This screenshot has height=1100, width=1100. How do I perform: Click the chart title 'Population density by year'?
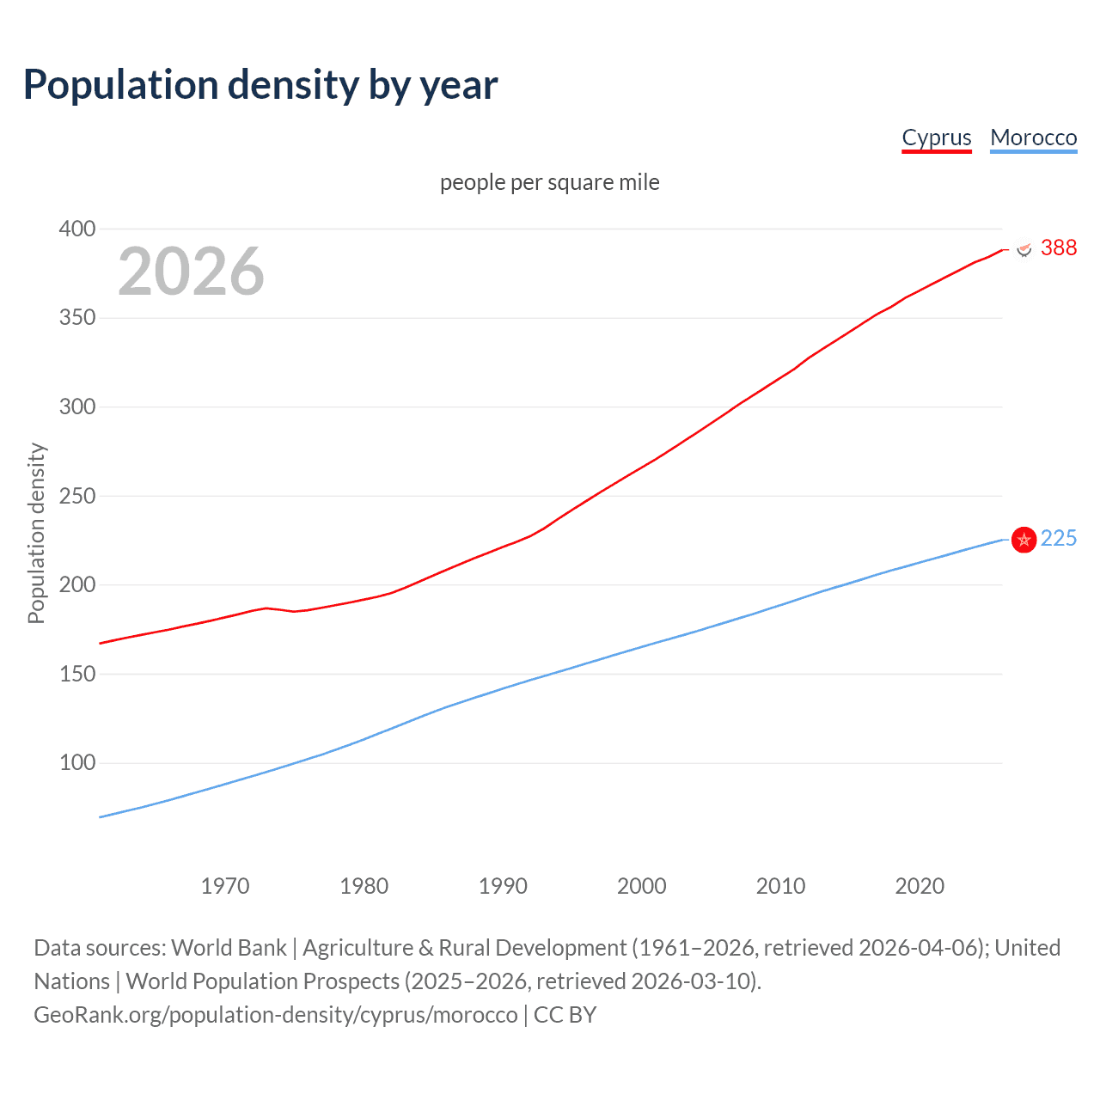[260, 84]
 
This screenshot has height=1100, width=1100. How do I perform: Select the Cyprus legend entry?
[937, 137]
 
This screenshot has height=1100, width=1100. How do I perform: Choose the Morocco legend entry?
[1033, 137]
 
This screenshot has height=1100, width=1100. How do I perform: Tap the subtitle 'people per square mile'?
[549, 182]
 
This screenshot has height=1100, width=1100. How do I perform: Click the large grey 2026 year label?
[191, 272]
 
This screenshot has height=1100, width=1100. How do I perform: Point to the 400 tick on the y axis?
[77, 229]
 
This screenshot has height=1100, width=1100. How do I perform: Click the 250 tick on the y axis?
[77, 496]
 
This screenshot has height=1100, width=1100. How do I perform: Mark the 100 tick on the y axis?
[77, 762]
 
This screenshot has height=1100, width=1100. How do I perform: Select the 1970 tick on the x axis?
[225, 886]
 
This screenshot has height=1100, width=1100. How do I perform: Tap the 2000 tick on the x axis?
[642, 886]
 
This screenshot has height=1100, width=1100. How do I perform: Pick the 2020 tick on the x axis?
[920, 886]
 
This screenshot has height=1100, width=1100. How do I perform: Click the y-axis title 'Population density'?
[36, 533]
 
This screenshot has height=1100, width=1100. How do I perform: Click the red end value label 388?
[1058, 247]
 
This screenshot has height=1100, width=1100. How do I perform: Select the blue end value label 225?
[1058, 538]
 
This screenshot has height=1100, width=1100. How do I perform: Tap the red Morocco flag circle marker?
[1024, 540]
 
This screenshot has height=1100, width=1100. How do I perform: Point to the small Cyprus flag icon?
[1024, 249]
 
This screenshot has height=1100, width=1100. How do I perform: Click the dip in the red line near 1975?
[294, 611]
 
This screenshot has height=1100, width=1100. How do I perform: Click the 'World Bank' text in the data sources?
[229, 947]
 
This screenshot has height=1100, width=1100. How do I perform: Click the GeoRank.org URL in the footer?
[276, 1014]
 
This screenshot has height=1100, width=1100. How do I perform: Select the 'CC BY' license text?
[565, 1014]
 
